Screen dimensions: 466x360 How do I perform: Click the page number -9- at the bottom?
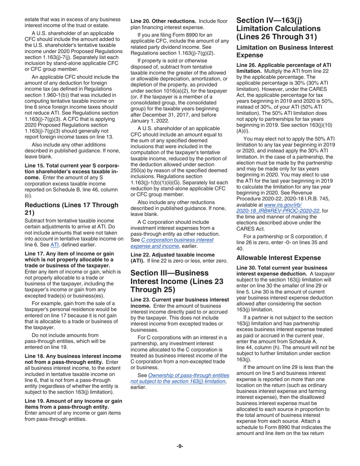[x=180, y=446]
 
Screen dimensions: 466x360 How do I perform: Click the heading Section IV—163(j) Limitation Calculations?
[x=279, y=28]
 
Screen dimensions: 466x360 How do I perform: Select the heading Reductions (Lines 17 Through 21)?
[x=72, y=209]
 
